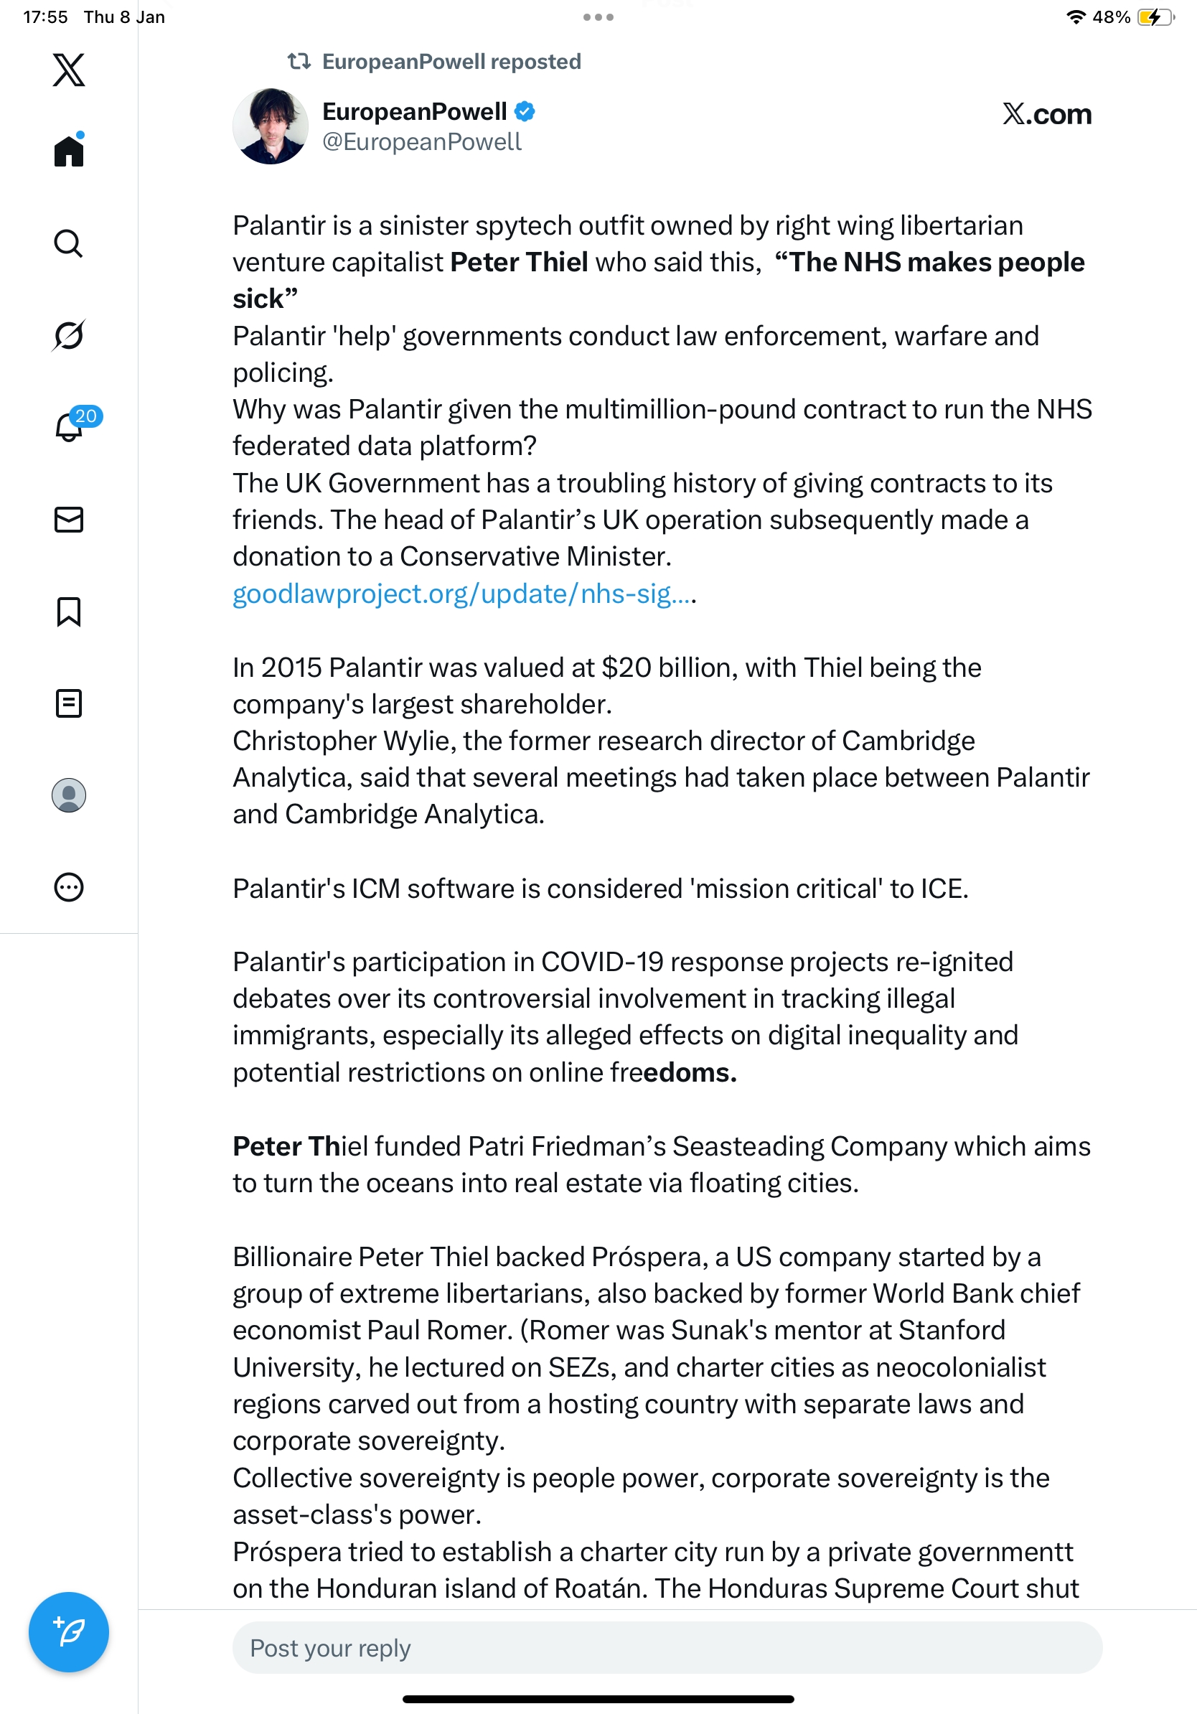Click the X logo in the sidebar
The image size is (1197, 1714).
coord(69,70)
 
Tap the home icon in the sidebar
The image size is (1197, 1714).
coord(69,151)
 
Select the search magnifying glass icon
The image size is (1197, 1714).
coord(69,243)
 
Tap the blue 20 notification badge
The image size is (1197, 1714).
coord(86,416)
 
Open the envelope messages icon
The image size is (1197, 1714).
coord(69,520)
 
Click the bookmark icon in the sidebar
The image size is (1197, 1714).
coord(69,612)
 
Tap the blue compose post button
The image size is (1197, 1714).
coord(69,1632)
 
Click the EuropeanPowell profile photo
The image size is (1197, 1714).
coord(270,126)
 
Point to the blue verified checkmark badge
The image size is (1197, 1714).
coord(525,111)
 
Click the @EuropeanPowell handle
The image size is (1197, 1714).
coord(422,142)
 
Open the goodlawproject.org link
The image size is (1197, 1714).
coord(463,594)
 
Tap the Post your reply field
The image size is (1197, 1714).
coord(667,1647)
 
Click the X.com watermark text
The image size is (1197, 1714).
coord(1046,114)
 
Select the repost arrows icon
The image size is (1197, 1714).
coord(299,61)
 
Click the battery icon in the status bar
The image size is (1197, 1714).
coord(1155,17)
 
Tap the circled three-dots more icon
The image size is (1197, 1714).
coord(69,888)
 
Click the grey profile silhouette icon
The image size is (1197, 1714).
coord(69,795)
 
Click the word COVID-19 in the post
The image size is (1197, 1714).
coord(601,962)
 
